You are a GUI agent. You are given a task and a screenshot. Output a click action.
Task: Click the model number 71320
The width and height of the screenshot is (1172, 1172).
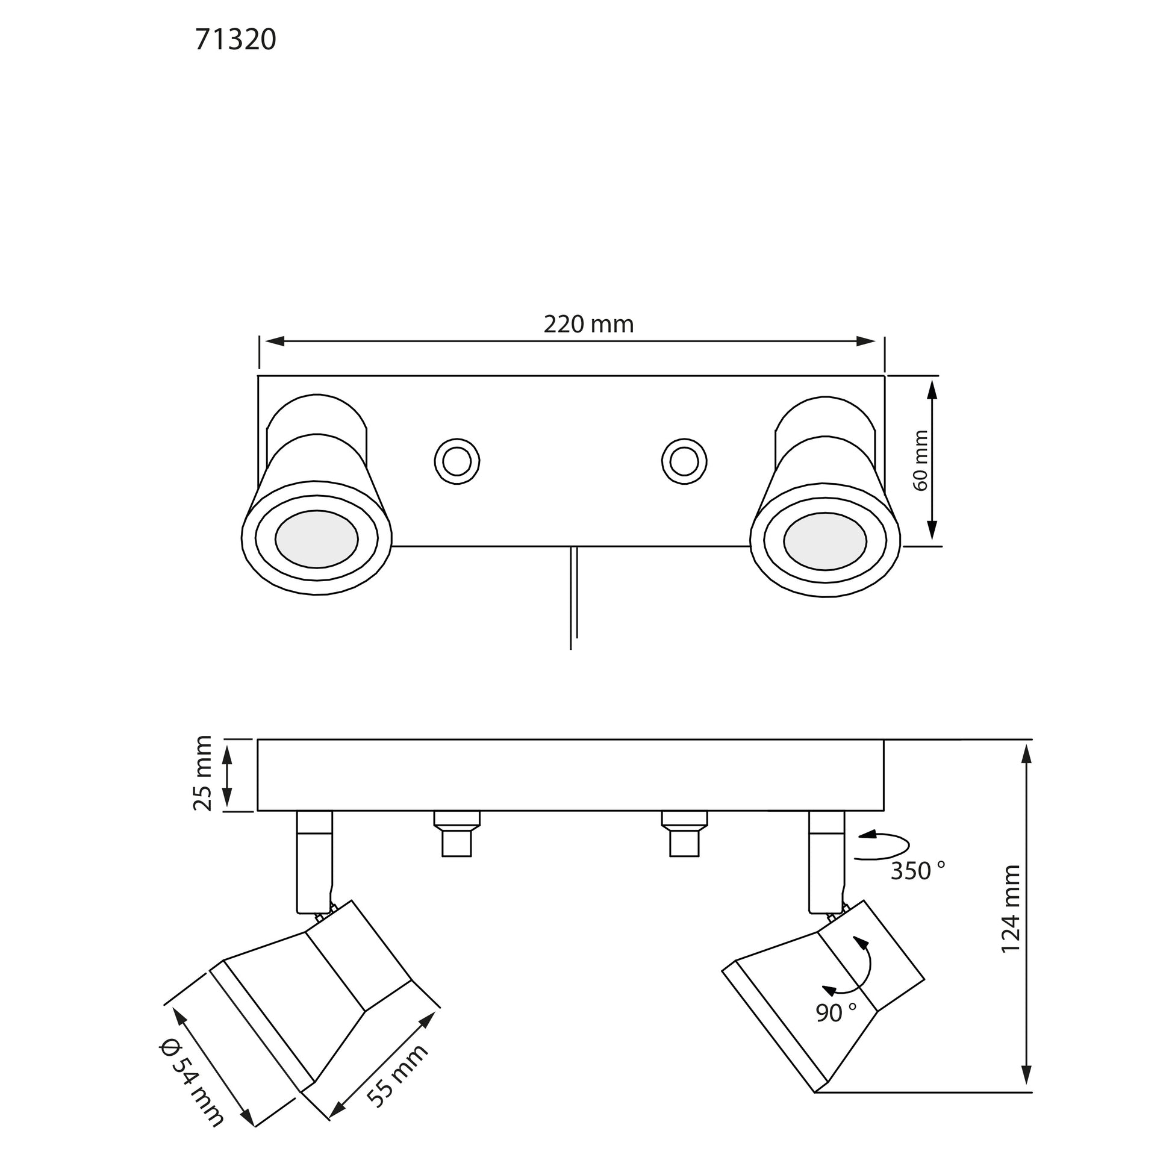tap(235, 40)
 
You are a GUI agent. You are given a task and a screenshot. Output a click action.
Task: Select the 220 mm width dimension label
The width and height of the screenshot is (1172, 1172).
tap(588, 325)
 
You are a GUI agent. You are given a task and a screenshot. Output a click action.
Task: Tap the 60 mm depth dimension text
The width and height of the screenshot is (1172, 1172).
tap(920, 460)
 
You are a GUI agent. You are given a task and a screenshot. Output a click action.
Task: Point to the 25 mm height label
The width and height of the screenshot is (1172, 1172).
tap(202, 773)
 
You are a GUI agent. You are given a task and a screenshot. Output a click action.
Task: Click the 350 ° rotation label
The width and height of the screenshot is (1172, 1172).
tap(917, 871)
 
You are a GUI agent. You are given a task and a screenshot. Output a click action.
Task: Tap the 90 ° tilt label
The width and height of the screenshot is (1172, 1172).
tap(836, 1012)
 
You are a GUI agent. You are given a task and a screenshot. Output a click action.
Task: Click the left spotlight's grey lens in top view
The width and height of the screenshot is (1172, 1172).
tap(316, 539)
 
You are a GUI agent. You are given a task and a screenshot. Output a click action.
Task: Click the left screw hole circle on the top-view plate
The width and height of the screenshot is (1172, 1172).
tap(457, 462)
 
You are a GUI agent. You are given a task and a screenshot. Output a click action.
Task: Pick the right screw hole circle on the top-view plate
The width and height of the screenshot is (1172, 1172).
tap(684, 462)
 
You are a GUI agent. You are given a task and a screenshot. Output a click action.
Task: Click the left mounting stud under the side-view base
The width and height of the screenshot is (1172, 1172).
tap(457, 834)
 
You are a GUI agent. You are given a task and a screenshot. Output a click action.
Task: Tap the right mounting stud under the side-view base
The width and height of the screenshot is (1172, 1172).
tap(684, 834)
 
